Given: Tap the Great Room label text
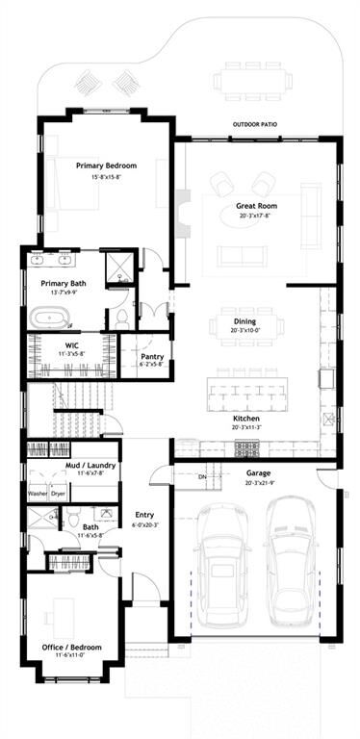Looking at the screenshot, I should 257,206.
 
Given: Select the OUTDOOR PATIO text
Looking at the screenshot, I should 258,124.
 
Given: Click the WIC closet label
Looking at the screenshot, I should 71,344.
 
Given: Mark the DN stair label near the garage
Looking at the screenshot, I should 202,477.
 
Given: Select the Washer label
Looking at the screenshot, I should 38,494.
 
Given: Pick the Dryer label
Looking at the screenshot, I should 59,494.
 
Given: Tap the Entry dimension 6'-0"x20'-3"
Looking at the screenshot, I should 144,524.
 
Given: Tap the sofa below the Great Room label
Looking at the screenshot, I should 242,255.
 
